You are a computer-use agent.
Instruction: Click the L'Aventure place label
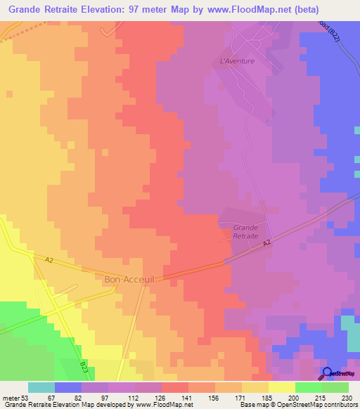[237, 61]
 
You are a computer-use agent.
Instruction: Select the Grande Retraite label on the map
[245, 232]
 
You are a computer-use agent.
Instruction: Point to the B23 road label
[84, 366]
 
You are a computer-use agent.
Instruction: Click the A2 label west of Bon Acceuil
[49, 259]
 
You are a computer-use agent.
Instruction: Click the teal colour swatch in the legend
[41, 387]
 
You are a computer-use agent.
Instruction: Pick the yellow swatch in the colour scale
[281, 387]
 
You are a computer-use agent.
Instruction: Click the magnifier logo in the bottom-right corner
[328, 373]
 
